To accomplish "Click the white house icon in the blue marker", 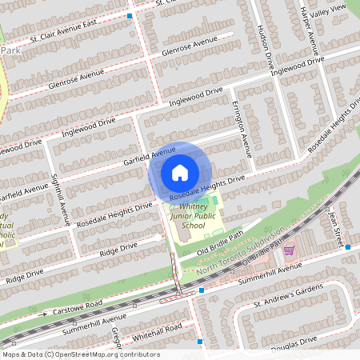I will pyautogui.click(x=180, y=172).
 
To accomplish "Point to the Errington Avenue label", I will pyautogui.click(x=242, y=132).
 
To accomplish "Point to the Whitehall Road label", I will pyautogui.click(x=159, y=329).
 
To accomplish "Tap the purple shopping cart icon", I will pyautogui.click(x=289, y=250).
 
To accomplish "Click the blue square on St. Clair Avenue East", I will pyautogui.click(x=130, y=16).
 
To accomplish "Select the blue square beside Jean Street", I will pyautogui.click(x=348, y=247).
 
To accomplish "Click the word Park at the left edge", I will pyautogui.click(x=10, y=50).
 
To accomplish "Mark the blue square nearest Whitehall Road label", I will pyautogui.click(x=200, y=342).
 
